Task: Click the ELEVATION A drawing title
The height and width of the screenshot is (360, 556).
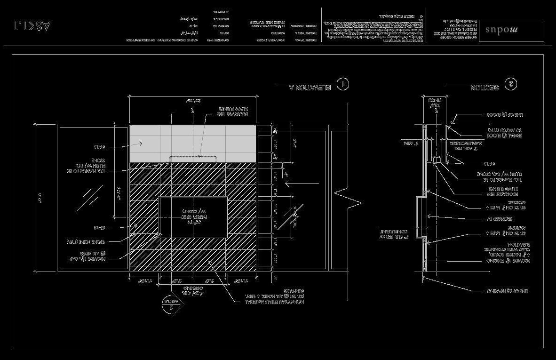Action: [x=305, y=87]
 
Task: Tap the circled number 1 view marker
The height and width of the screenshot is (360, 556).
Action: [x=343, y=84]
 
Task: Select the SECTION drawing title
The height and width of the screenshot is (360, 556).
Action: [x=485, y=88]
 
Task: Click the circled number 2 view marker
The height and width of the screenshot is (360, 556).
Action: [x=511, y=84]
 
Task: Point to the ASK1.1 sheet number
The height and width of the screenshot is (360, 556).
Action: [x=32, y=25]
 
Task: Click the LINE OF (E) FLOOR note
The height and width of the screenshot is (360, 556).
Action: [x=505, y=115]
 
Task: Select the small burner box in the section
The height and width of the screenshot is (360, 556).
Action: [x=436, y=160]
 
